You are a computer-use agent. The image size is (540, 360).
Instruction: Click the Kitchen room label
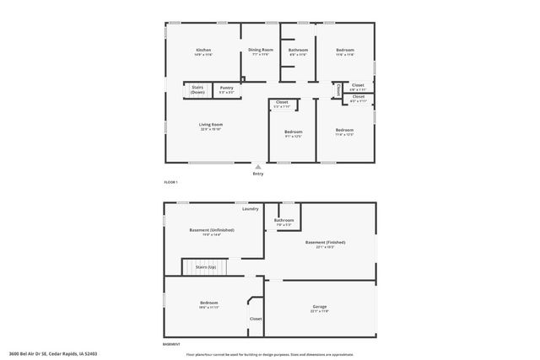click(203, 51)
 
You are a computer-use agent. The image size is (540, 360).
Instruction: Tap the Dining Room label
click(261, 51)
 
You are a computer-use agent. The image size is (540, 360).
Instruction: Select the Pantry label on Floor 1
click(226, 88)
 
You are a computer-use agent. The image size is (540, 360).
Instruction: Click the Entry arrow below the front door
click(258, 166)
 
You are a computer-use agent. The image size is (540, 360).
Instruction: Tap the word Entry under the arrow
click(258, 174)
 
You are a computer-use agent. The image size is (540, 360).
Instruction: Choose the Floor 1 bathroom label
click(298, 51)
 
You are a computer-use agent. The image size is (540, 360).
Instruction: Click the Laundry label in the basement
click(250, 208)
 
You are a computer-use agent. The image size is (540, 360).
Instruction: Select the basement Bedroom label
click(208, 304)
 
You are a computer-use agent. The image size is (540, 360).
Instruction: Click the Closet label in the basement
click(255, 319)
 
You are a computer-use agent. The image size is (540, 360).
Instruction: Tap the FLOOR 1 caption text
click(170, 183)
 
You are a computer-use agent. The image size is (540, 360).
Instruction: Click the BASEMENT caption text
click(171, 345)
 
